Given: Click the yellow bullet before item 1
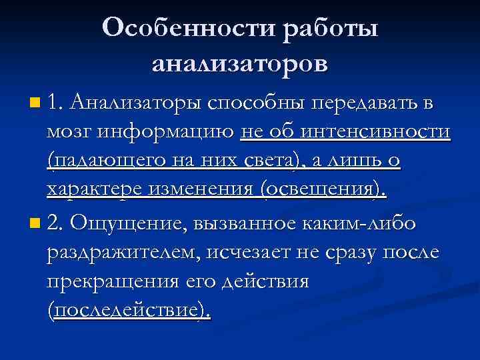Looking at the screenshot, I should (x=35, y=103).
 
